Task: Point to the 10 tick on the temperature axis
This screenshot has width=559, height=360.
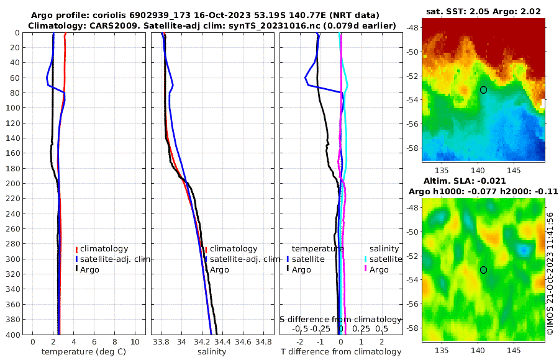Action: tap(135, 342)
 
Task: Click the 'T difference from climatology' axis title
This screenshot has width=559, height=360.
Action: tap(340, 352)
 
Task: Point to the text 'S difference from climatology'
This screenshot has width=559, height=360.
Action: tap(340, 318)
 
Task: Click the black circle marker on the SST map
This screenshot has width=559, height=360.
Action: tap(484, 90)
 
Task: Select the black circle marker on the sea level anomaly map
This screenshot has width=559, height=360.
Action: tap(484, 270)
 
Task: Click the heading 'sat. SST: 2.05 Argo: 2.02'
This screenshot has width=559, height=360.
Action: tap(483, 11)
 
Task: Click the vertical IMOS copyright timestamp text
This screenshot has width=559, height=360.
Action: tap(550, 273)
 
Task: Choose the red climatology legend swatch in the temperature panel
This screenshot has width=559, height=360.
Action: tap(76, 249)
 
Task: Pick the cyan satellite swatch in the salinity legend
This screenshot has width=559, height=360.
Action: tap(366, 259)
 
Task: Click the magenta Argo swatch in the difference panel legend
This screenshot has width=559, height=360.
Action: tap(366, 269)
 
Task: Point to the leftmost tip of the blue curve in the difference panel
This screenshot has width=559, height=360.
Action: tap(305, 78)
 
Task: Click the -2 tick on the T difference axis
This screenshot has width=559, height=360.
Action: tap(300, 342)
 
